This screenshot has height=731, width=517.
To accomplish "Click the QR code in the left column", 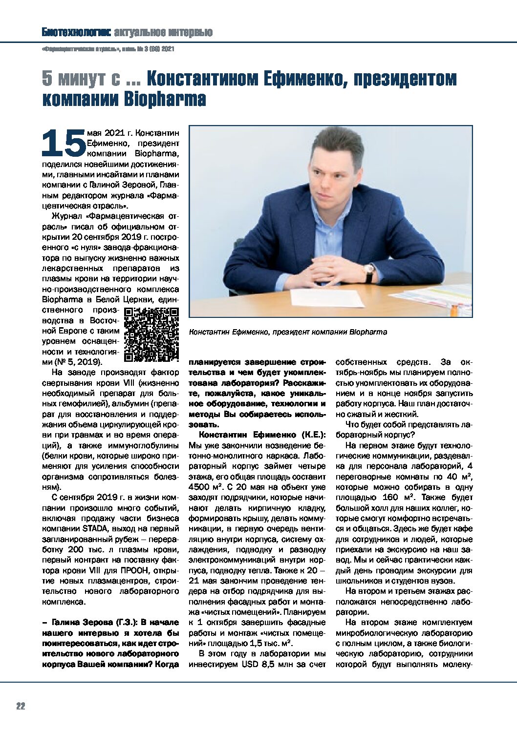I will click(151, 335).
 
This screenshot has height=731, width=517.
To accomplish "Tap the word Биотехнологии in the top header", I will click(76, 33).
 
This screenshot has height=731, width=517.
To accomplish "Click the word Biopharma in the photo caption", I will click(368, 332).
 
